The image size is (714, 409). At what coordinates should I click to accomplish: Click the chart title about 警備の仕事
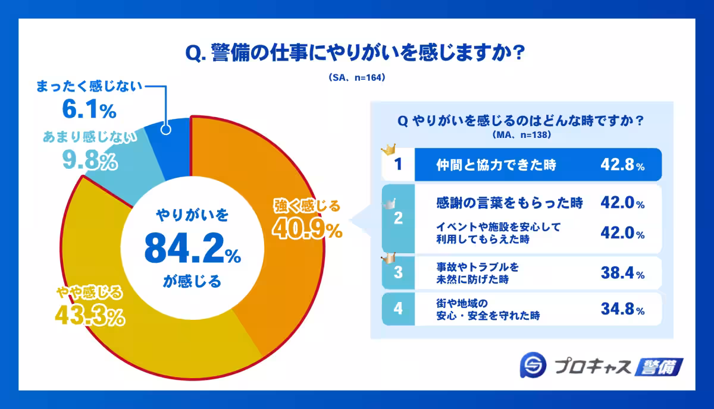tap(355, 53)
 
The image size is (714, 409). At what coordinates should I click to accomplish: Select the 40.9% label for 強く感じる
tap(308, 228)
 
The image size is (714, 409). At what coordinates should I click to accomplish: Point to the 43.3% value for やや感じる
tap(90, 315)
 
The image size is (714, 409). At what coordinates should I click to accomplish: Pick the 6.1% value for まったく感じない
tap(89, 110)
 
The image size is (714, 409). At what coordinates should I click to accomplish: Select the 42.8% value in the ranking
tap(622, 166)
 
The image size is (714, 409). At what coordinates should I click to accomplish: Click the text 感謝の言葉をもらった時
tap(509, 203)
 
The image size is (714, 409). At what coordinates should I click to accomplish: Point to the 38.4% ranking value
tap(622, 274)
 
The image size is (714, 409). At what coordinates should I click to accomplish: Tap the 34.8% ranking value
tap(622, 310)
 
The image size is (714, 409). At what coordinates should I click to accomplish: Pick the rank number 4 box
tap(398, 309)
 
